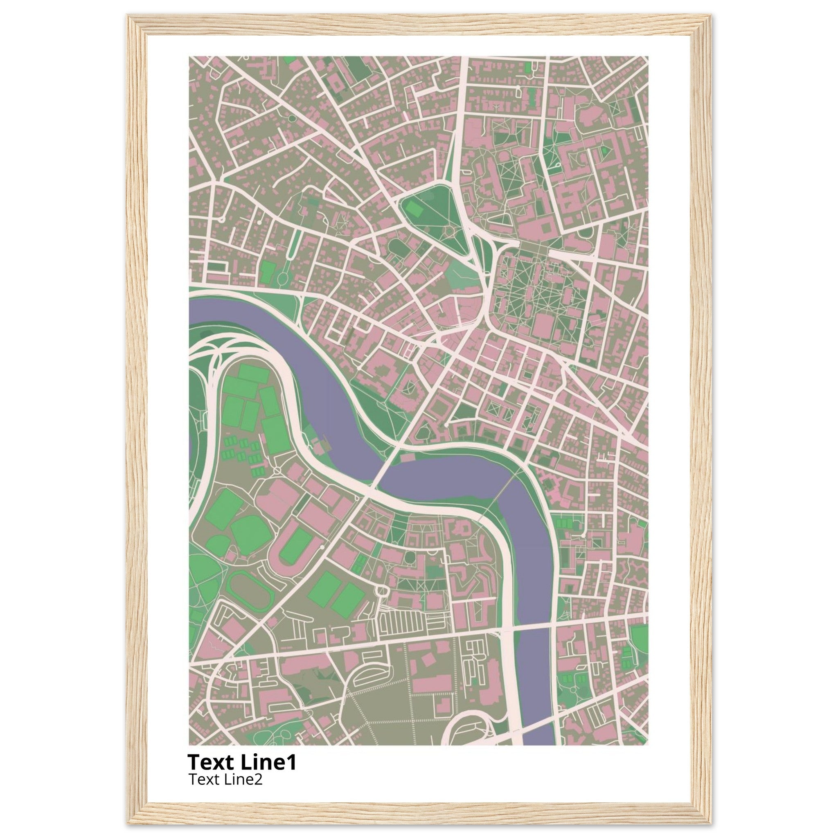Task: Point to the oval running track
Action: pos(250,590)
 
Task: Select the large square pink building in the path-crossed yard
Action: pos(542,326)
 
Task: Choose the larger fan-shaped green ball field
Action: pos(251,533)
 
